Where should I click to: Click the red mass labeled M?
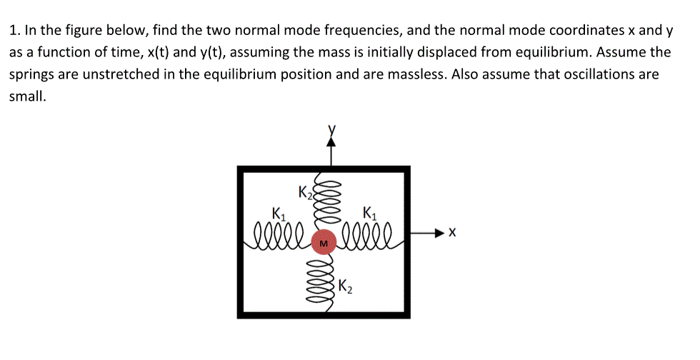325,243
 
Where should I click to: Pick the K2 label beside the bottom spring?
344,288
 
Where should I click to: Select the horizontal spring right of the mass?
367,234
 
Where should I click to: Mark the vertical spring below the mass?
326,279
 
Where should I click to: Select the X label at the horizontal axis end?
451,233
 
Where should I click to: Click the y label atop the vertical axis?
331,129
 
